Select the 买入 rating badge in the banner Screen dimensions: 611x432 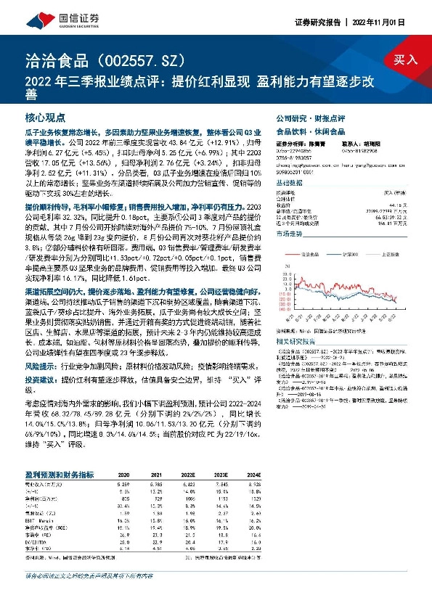click(405, 60)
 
